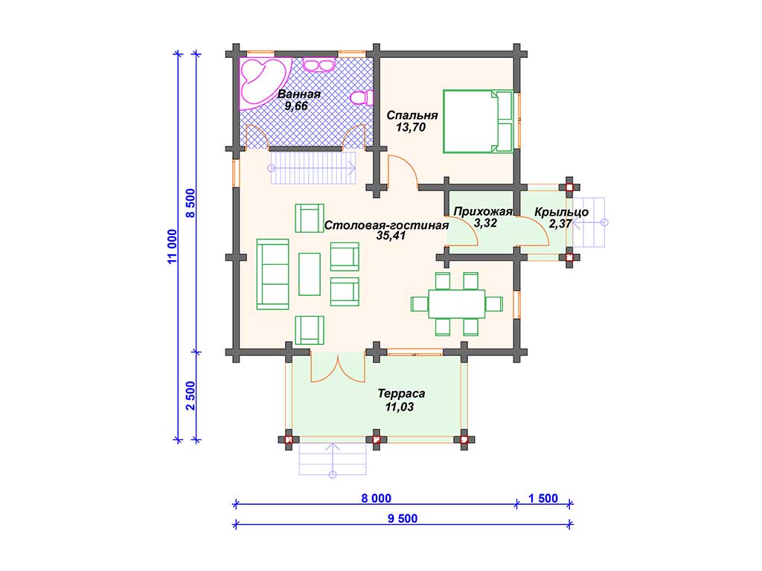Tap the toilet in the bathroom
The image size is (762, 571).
(x=362, y=97)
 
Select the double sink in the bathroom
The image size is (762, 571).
(x=318, y=64)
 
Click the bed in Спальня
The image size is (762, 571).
(x=478, y=121)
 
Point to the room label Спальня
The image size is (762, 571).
(x=412, y=115)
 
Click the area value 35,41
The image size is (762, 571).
(x=391, y=236)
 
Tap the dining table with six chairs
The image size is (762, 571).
(x=457, y=304)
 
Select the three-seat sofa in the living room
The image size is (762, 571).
(x=272, y=274)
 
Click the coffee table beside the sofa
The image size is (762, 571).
(x=310, y=274)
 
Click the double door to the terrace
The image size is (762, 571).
(x=338, y=369)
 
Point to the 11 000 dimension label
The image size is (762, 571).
(x=173, y=247)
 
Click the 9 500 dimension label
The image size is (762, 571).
(x=403, y=518)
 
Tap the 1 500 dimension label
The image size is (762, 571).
(x=542, y=498)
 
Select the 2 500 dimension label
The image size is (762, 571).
(x=190, y=396)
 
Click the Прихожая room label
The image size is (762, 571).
(x=483, y=212)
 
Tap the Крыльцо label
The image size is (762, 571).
(x=561, y=212)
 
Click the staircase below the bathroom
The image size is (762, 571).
(x=313, y=168)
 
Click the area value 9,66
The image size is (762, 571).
(x=296, y=106)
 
